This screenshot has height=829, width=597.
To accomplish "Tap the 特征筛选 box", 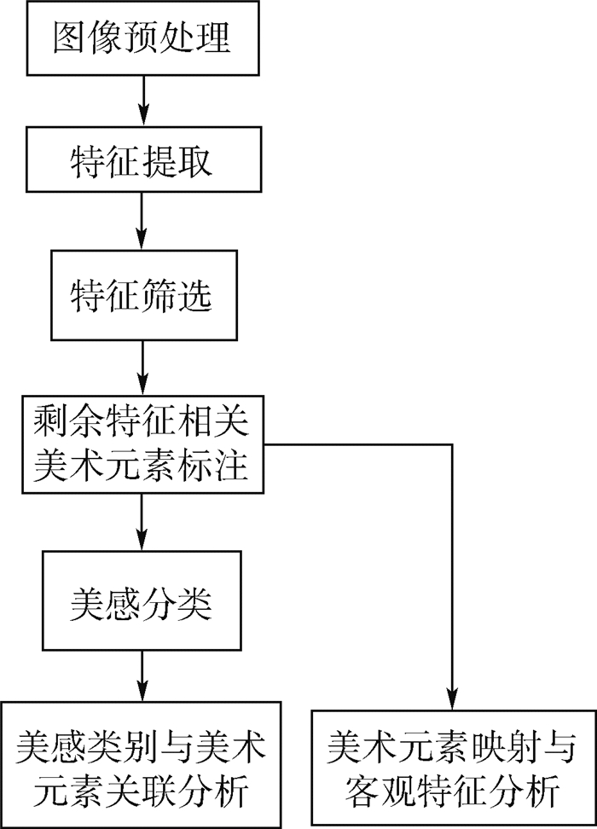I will point(142,295).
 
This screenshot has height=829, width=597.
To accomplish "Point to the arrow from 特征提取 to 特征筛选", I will point(142,222).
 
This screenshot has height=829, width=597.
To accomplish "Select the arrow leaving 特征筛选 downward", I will point(142,368).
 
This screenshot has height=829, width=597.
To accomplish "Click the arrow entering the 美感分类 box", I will point(142,521).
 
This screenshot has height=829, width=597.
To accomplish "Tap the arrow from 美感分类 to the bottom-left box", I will point(142,678).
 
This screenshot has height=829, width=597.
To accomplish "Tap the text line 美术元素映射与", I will point(450,748).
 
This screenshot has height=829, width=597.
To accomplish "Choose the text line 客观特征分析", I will point(450,793).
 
